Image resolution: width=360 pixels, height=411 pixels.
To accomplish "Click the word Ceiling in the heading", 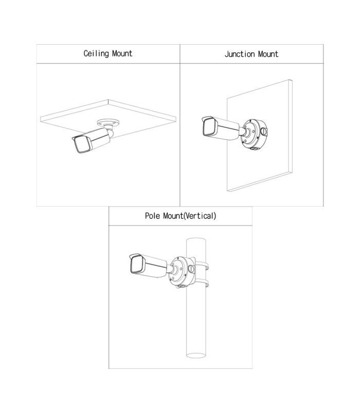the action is tap(96, 54).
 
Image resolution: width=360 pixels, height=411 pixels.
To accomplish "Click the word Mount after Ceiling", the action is tap(122, 53).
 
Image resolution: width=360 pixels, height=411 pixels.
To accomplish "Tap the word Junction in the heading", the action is tap(240, 54).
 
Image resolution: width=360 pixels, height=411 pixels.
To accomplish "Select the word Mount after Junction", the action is tap(268, 54).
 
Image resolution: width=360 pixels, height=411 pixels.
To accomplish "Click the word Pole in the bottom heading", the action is tap(152, 216).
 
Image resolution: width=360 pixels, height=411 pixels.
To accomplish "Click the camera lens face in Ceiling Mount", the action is tap(82, 144).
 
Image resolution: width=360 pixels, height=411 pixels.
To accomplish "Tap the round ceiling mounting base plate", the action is tap(108, 123).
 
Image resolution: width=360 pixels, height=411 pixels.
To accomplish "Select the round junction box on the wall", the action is tap(254, 134).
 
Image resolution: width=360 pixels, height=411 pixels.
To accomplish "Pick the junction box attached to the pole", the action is tap(182, 272).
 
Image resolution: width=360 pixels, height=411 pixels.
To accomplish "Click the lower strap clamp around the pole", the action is tap(203, 283).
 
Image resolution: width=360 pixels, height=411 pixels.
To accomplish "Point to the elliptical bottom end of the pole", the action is tap(196, 356).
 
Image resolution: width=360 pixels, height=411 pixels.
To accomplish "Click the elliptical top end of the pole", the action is tap(196, 240).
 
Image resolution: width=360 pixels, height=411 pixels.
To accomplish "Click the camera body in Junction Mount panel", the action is tap(221, 128).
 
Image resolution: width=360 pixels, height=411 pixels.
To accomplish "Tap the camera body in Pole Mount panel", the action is tap(149, 265).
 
